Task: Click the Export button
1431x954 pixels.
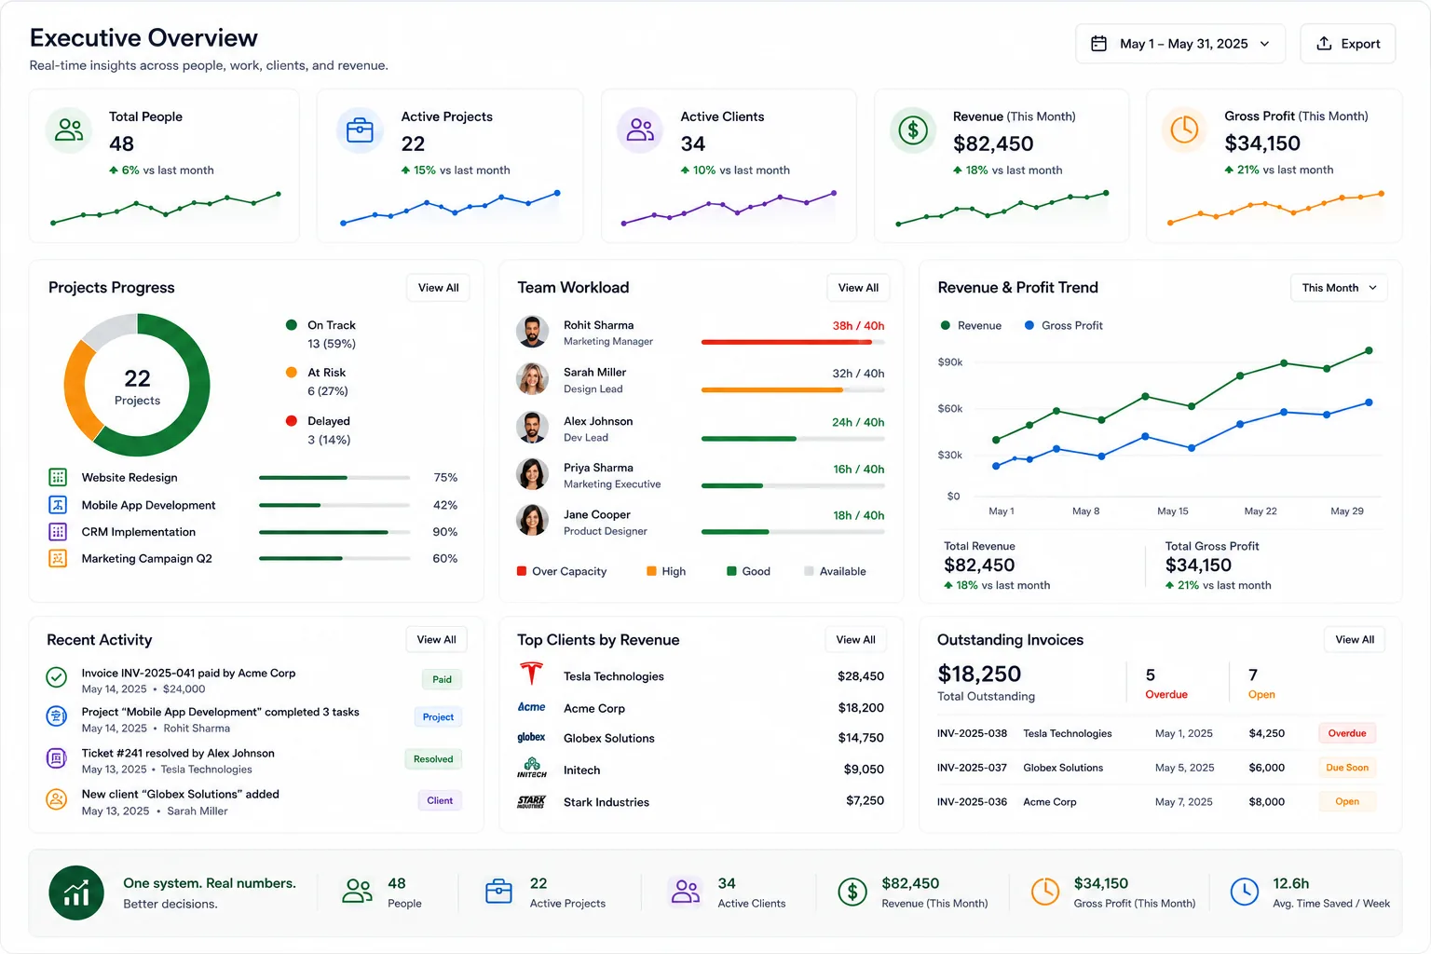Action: pos(1347,44)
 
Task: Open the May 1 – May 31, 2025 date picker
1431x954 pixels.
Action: pos(1180,44)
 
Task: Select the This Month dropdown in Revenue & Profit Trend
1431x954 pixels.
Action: pos(1339,288)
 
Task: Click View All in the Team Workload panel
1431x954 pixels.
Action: pos(858,288)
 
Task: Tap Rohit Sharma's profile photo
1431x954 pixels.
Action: pos(532,332)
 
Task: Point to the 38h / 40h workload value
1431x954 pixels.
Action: pos(858,325)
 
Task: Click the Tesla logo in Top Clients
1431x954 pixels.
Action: pos(532,674)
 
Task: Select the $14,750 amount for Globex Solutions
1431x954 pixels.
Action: pos(861,737)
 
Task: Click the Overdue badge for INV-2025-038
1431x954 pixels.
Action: pos(1346,733)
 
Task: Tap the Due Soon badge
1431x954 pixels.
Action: pos(1346,768)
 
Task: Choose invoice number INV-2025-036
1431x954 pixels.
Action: pos(972,801)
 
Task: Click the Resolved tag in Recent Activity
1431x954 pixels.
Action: pos(433,759)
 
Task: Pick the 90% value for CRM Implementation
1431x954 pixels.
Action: pos(444,532)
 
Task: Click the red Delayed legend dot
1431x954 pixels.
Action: pos(292,420)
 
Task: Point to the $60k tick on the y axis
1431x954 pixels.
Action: pos(950,408)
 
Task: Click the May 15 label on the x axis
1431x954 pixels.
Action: pos(1172,511)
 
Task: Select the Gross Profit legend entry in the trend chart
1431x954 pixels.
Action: pos(1064,325)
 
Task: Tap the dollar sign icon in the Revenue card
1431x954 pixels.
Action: pos(913,130)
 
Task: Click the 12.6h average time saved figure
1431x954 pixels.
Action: pos(1290,883)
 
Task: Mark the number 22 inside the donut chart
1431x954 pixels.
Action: pos(137,378)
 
